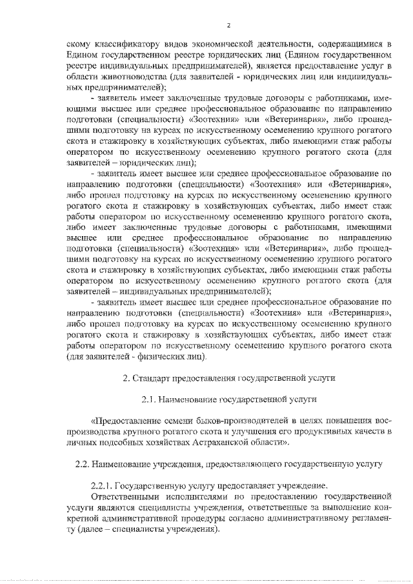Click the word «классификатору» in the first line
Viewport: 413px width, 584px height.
123,45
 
